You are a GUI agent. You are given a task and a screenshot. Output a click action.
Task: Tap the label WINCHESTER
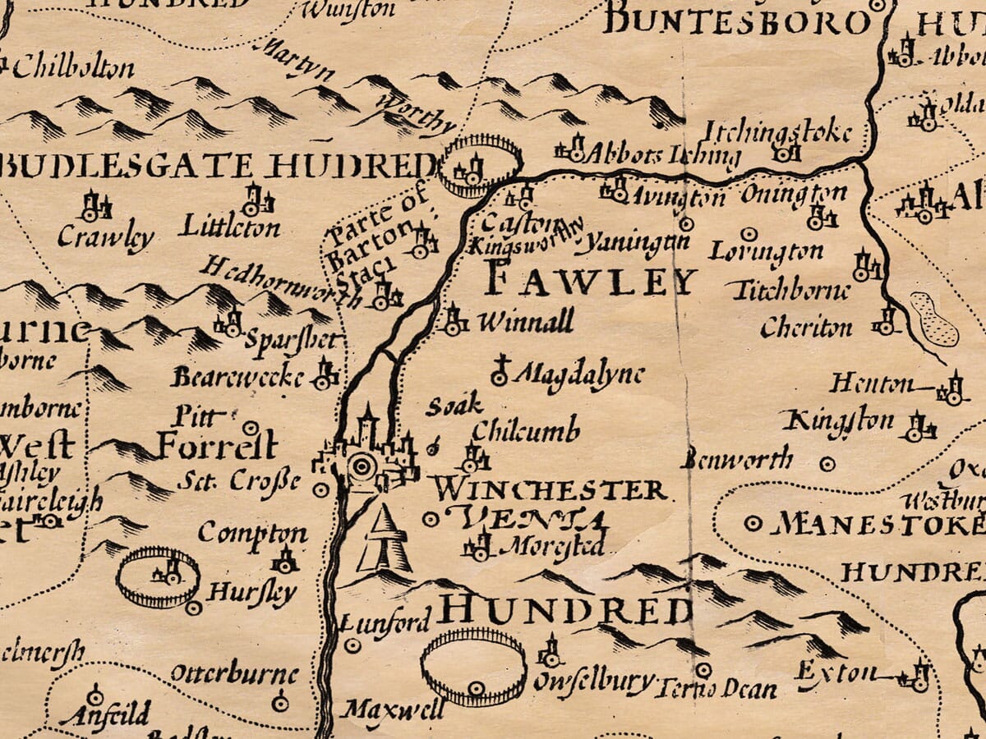550,490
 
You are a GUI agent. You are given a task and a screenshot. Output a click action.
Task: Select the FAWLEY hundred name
590,280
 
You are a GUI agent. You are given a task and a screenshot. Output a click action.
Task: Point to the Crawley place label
105,238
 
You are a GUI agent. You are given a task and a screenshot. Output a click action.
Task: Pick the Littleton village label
231,227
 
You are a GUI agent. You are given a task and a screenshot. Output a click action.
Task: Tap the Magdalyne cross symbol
499,371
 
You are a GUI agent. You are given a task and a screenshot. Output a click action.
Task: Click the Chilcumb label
526,429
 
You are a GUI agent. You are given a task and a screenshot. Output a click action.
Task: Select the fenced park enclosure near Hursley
158,577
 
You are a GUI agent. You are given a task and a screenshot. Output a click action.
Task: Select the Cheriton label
806,328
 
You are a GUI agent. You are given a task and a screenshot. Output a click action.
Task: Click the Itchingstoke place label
776,131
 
